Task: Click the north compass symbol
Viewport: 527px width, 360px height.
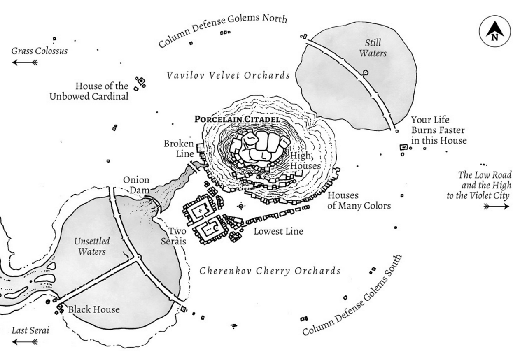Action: click(x=495, y=31)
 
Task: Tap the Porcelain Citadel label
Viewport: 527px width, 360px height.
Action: click(x=237, y=119)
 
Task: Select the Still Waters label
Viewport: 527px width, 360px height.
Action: click(x=373, y=48)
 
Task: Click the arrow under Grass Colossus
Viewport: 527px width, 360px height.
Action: click(x=25, y=63)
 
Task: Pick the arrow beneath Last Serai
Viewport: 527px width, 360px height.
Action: click(x=25, y=341)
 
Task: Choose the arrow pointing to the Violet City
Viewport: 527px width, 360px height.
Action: click(x=497, y=206)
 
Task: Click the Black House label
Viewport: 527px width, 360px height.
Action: click(x=93, y=309)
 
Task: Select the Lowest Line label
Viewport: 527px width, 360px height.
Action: click(x=278, y=231)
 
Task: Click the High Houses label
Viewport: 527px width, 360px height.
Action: click(x=305, y=160)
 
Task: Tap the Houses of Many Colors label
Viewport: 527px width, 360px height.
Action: click(x=359, y=200)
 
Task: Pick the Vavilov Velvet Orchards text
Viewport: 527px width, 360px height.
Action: click(x=228, y=75)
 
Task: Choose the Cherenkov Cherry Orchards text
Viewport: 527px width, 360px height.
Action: click(x=270, y=271)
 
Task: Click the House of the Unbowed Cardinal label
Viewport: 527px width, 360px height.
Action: click(x=102, y=91)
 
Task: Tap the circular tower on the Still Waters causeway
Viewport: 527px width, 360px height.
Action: click(x=365, y=73)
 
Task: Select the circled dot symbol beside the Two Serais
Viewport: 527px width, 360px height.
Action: click(x=241, y=206)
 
